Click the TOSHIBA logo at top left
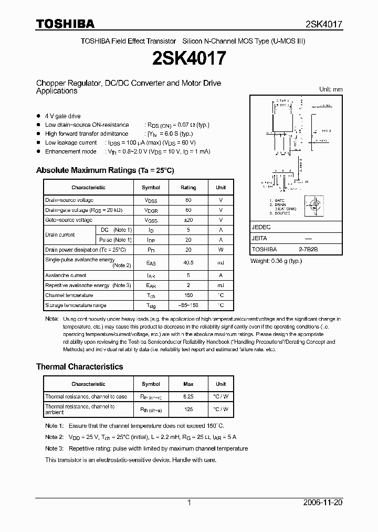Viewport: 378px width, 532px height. tap(65, 24)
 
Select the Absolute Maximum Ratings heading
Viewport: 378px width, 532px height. tap(104, 170)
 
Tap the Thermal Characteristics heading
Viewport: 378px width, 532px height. tap(79, 366)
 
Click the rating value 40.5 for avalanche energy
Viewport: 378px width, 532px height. tap(188, 262)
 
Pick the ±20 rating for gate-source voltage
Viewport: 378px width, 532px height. tap(188, 220)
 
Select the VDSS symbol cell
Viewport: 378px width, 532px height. tap(151, 200)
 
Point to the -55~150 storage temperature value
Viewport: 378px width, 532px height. tap(188, 305)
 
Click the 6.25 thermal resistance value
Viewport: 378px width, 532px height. tap(188, 397)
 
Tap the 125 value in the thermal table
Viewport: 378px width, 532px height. tap(188, 409)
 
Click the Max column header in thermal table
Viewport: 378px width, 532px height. tap(188, 384)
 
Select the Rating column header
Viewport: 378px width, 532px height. tap(188, 188)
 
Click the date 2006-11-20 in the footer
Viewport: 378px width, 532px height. tap(323, 503)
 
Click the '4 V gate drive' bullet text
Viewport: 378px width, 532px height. tap(62, 116)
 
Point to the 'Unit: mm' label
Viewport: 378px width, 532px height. tap(331, 89)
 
